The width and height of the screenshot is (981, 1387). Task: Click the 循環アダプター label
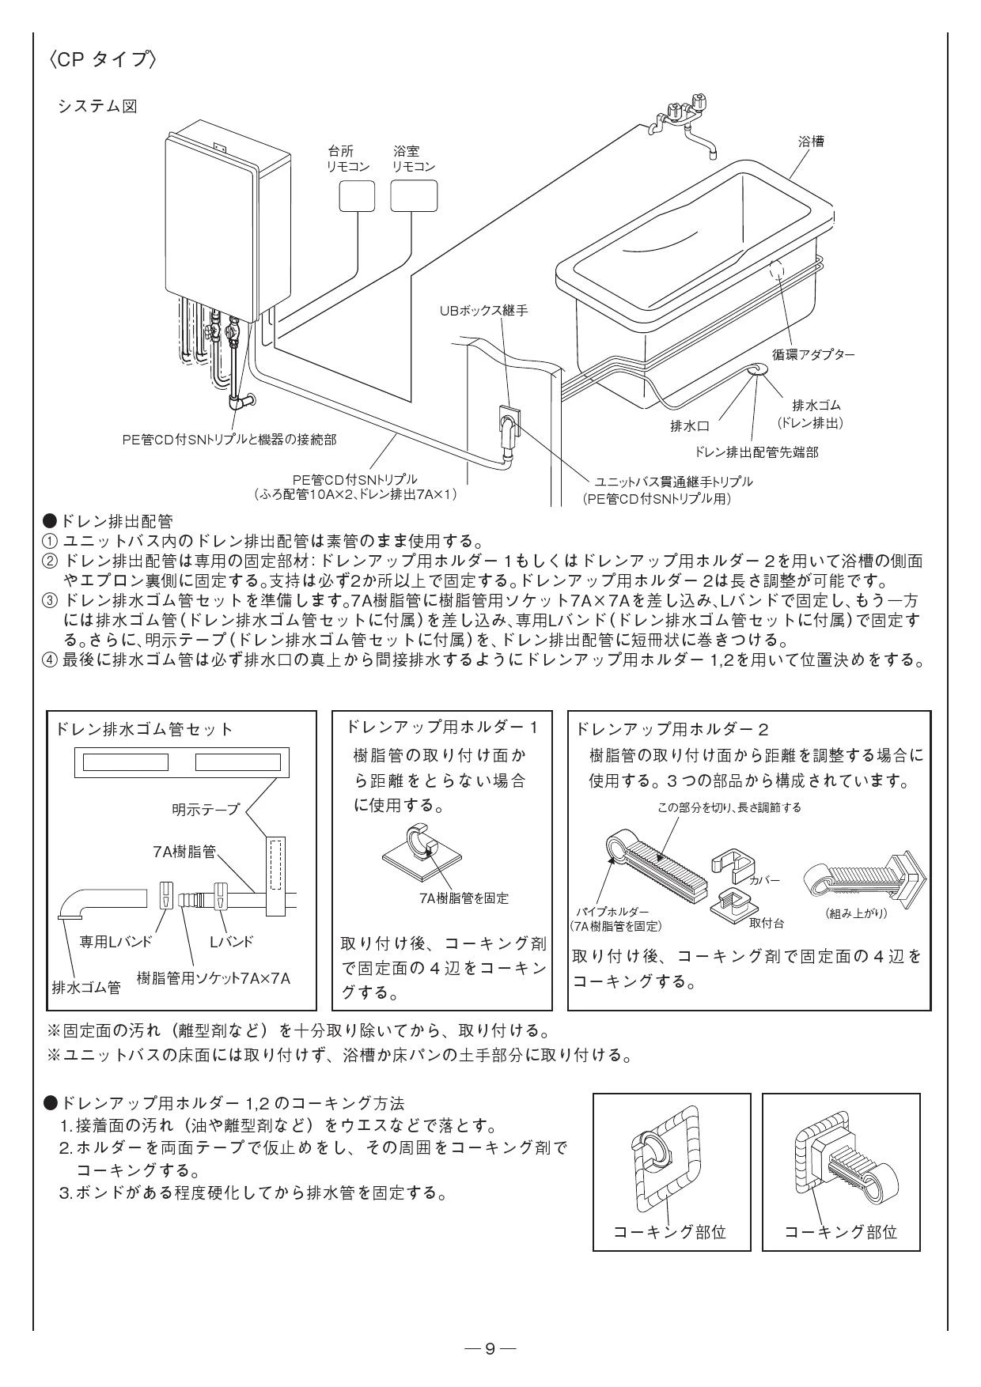pyautogui.click(x=813, y=354)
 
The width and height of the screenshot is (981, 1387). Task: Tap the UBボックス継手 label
pyautogui.click(x=484, y=311)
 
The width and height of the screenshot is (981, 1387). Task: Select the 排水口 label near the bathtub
pyautogui.click(x=690, y=427)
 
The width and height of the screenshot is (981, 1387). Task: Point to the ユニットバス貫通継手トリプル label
pyautogui.click(x=673, y=481)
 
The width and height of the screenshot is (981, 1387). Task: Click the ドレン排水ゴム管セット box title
pyautogui.click(x=144, y=728)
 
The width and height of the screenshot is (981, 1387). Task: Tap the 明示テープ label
pyautogui.click(x=205, y=809)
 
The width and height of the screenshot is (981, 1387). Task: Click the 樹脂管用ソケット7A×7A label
pyautogui.click(x=214, y=978)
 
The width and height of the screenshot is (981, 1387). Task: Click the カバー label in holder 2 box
pyautogui.click(x=764, y=880)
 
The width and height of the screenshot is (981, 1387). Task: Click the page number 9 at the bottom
pyautogui.click(x=490, y=1347)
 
